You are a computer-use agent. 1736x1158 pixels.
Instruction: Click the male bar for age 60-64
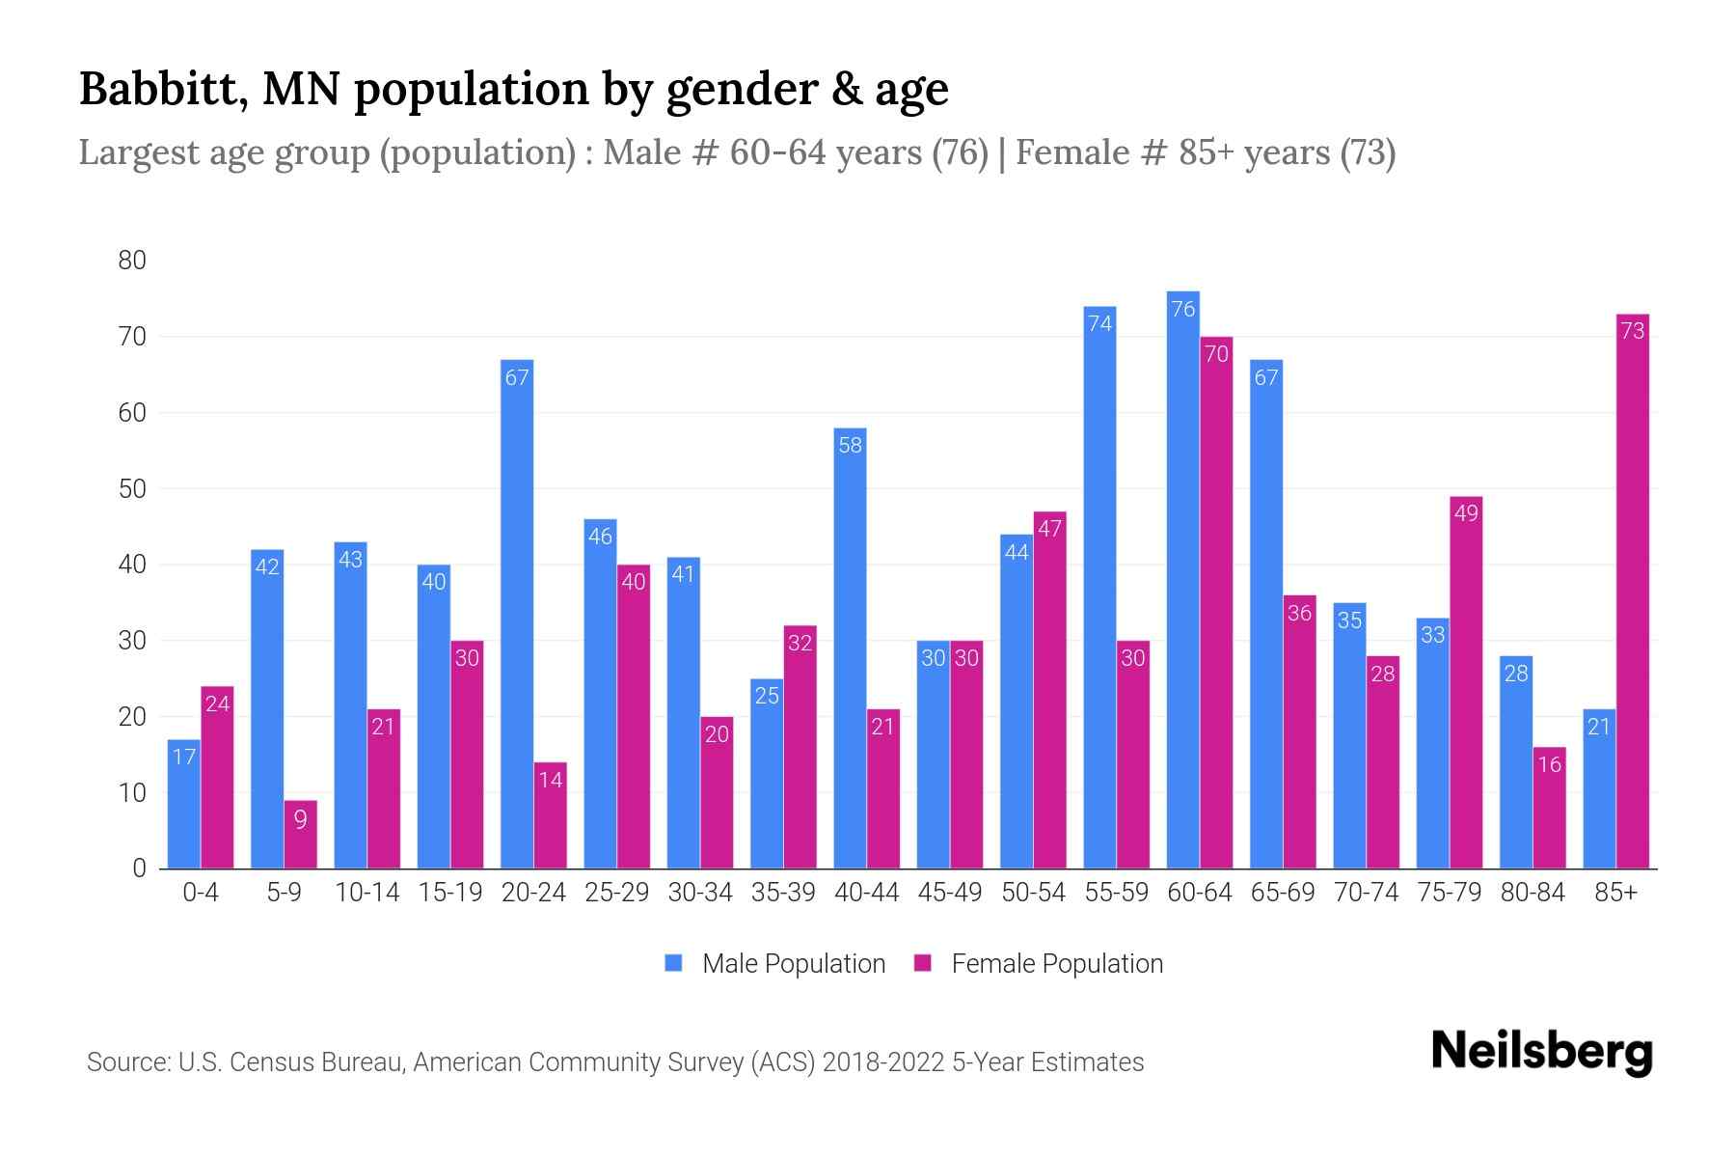coord(1182,579)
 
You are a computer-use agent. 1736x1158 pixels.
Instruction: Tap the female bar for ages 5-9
coord(300,835)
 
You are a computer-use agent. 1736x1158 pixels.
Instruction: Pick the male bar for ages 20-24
coord(517,614)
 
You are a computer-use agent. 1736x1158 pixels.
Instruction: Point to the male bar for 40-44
coord(850,648)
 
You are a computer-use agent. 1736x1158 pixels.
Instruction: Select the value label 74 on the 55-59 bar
coord(1099,324)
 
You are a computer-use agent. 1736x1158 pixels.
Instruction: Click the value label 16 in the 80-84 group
coord(1549,765)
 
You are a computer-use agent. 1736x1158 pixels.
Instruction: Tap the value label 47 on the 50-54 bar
coord(1049,529)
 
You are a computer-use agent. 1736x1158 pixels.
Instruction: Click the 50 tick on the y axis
coord(132,489)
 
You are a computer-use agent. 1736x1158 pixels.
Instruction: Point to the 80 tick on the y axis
coord(132,261)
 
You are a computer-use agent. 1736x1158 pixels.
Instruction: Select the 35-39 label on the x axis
coord(783,893)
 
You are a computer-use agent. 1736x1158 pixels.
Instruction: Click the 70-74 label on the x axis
coord(1366,893)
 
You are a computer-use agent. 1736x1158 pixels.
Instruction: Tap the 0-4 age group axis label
coord(201,893)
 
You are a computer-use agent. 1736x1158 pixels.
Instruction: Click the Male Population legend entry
coord(775,964)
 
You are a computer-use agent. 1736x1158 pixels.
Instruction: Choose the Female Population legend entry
coord(1039,964)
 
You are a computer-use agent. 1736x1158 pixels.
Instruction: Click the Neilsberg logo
coord(1541,1052)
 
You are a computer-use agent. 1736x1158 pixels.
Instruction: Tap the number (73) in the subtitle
coord(1368,152)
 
